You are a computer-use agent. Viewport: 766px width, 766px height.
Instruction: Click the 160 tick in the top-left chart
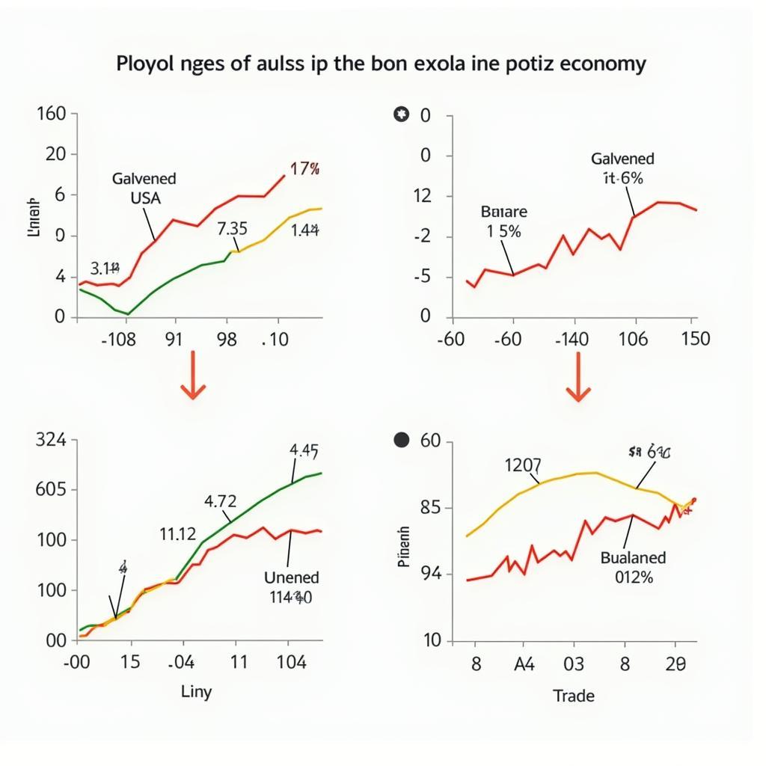52,114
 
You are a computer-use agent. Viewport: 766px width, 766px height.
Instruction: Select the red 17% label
304,169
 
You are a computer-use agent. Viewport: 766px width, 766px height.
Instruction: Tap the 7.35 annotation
232,228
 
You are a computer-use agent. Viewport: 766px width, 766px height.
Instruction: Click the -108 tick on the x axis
118,340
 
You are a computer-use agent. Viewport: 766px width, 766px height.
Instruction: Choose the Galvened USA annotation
144,189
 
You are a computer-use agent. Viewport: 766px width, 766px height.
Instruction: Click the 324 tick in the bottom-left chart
51,440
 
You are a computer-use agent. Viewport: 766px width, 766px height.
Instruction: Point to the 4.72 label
220,501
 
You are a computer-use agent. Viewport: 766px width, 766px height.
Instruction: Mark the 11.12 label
177,534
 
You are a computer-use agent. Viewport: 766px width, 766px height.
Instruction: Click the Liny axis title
196,692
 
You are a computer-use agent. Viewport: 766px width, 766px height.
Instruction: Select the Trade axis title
574,696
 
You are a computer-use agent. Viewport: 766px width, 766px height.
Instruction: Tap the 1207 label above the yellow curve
524,465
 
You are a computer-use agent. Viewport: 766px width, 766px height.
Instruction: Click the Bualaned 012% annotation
633,567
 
